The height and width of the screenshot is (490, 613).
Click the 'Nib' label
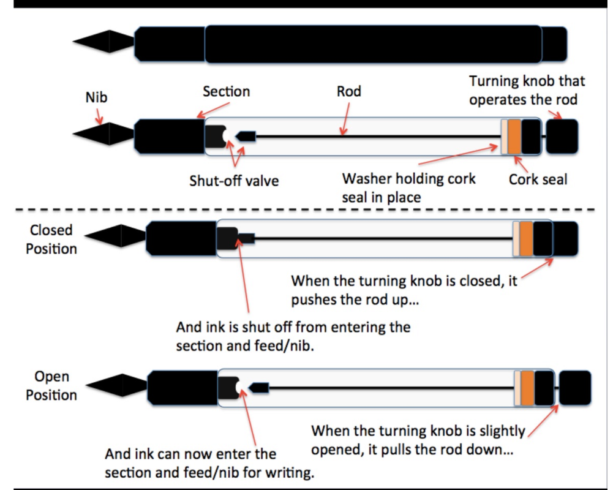pyautogui.click(x=96, y=97)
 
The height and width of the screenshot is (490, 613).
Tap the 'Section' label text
pyautogui.click(x=227, y=91)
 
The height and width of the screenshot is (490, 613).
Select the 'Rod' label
pyautogui.click(x=348, y=91)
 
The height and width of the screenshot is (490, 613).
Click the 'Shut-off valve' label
pyautogui.click(x=234, y=181)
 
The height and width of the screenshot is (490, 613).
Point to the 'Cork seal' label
pyautogui.click(x=538, y=179)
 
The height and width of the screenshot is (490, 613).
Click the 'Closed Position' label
pyautogui.click(x=51, y=239)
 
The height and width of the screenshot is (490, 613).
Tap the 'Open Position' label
pyautogui.click(x=51, y=386)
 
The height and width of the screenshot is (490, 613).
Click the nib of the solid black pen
pyautogui.click(x=104, y=41)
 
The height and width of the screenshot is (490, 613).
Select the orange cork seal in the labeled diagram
pyautogui.click(x=514, y=137)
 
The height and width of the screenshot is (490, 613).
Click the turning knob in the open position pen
pyautogui.click(x=575, y=388)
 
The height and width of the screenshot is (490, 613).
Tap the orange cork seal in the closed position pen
pyautogui.click(x=526, y=239)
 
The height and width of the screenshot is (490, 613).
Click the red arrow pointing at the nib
pyautogui.click(x=99, y=116)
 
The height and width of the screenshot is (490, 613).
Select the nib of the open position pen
pyautogui.click(x=117, y=385)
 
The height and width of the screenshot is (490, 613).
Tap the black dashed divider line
pyautogui.click(x=304, y=209)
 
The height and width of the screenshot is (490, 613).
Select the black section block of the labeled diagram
pyautogui.click(x=169, y=137)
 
